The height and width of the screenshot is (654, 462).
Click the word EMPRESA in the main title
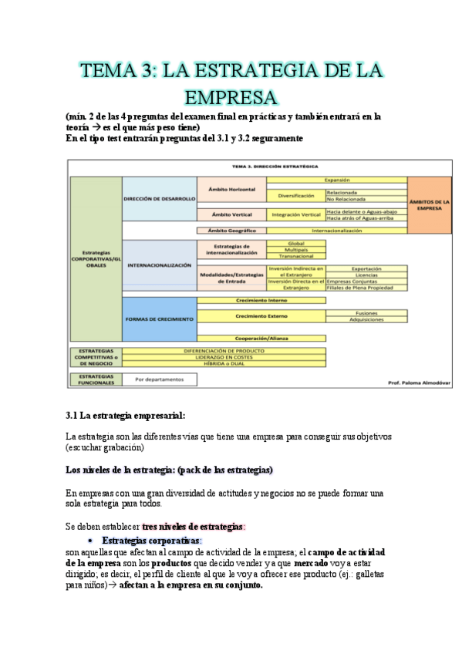point(231,98)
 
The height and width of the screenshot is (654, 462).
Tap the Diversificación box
point(295,195)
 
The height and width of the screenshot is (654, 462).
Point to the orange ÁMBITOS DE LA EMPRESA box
point(430,204)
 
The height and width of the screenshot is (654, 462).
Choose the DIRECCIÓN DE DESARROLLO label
point(159,198)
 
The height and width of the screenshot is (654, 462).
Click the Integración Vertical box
point(295,214)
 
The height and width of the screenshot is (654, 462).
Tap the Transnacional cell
point(295,256)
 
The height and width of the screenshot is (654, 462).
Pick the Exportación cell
point(366,268)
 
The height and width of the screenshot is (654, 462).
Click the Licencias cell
point(366,275)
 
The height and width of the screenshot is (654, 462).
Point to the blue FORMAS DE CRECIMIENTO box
point(159,319)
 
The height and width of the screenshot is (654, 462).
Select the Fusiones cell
point(366,313)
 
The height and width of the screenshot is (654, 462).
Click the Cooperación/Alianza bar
point(261,338)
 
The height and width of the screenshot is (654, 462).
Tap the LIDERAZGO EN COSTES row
point(224,356)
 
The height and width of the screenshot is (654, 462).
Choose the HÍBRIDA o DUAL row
point(224,362)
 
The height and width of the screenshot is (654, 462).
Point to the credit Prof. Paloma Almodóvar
point(418,382)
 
